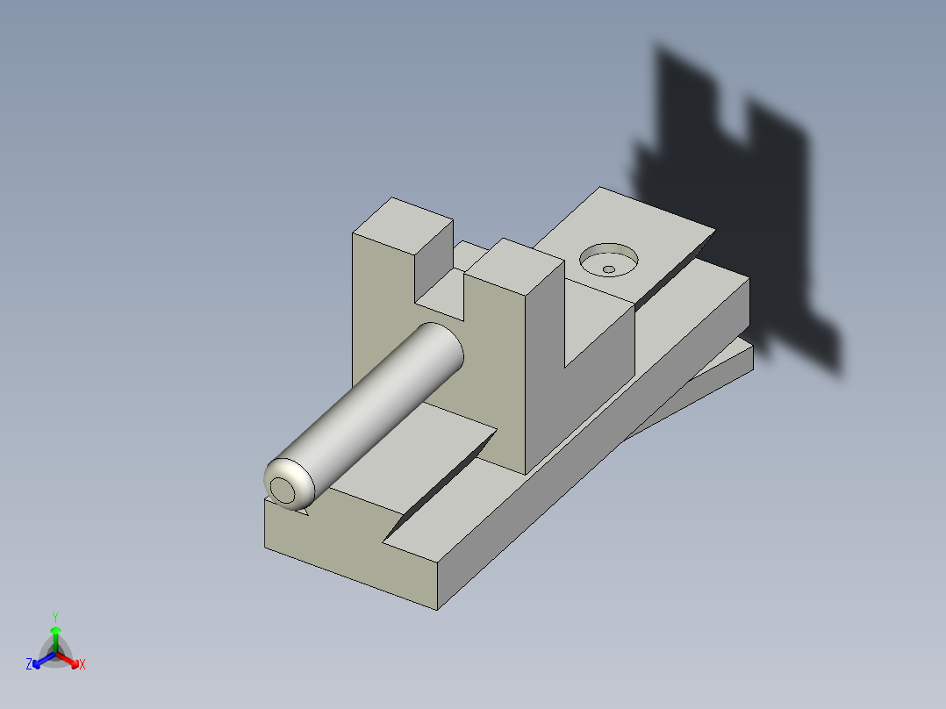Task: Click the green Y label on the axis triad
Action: tap(54, 616)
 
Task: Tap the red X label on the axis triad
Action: tap(82, 665)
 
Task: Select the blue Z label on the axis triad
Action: tap(29, 664)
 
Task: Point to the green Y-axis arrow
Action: tap(55, 635)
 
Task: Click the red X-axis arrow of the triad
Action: tap(70, 659)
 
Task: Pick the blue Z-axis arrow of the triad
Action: tap(40, 659)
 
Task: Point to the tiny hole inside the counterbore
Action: tap(608, 269)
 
